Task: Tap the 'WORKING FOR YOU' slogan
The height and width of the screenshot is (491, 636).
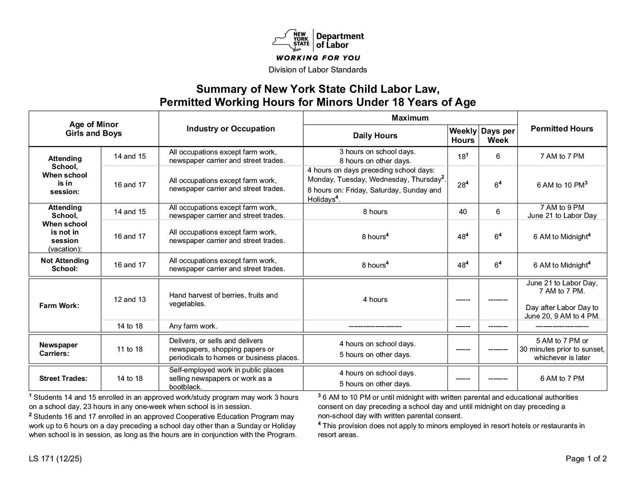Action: tap(318, 58)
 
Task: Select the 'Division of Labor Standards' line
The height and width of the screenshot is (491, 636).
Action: tap(318, 70)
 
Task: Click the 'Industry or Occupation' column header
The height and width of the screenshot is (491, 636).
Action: tap(231, 129)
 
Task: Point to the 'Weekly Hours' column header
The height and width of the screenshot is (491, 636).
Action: tap(463, 136)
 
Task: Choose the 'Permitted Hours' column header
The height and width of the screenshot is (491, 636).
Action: tap(562, 129)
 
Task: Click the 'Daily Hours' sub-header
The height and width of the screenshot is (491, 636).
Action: tap(375, 136)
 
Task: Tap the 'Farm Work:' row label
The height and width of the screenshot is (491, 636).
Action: tap(59, 306)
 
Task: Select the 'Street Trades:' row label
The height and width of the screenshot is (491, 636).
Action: tap(63, 378)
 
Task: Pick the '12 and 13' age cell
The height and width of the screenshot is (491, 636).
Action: tap(130, 299)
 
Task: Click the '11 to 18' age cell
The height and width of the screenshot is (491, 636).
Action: tap(130, 349)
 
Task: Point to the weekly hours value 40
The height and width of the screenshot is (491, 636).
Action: tap(463, 211)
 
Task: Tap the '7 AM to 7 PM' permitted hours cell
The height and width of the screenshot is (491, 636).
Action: tap(562, 156)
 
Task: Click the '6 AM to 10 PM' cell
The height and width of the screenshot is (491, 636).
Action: tap(562, 185)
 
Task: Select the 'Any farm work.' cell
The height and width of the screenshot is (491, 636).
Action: tap(193, 326)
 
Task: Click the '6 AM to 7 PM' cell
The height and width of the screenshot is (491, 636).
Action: tap(562, 378)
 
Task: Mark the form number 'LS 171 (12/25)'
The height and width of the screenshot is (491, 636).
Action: tap(55, 459)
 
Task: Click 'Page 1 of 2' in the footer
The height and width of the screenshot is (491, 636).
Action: tap(586, 459)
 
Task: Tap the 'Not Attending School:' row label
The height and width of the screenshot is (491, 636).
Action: tap(65, 265)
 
